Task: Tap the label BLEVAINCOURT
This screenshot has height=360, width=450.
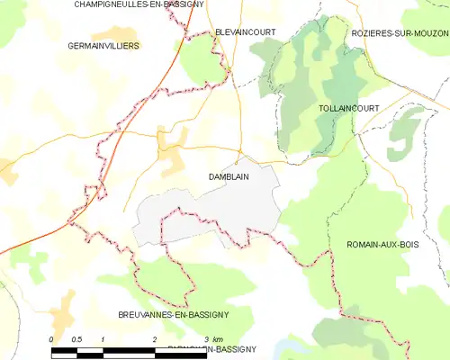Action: coord(245,31)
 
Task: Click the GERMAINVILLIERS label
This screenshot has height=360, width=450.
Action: coord(103,45)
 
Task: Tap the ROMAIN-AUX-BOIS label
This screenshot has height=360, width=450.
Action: coord(384,244)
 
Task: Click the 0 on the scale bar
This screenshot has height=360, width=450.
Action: coord(52,338)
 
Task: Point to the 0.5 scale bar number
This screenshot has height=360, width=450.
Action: coord(76,338)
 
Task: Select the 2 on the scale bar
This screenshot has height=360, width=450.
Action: coord(155,338)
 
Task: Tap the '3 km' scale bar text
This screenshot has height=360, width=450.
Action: coord(212,338)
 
